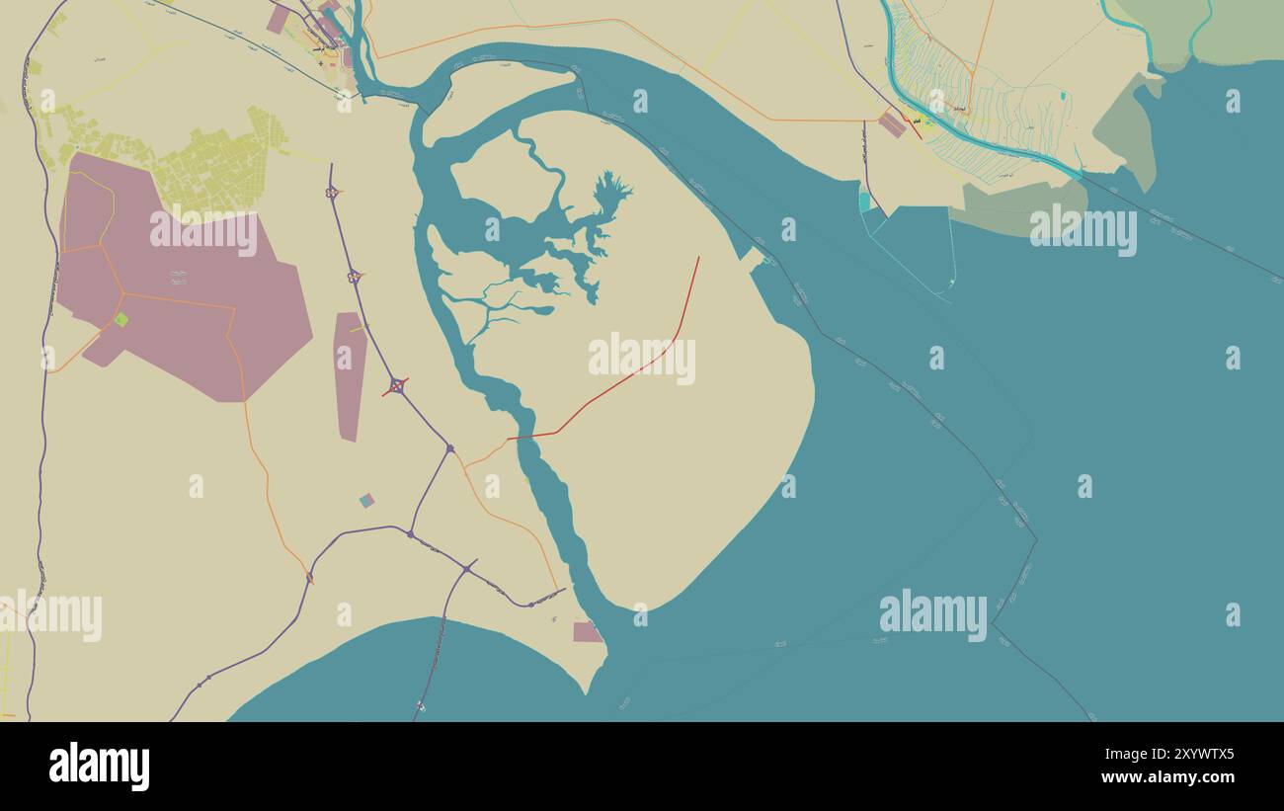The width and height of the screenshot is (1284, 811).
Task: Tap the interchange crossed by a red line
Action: point(396,386)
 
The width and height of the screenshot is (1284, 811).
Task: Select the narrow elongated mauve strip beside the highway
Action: point(350,375)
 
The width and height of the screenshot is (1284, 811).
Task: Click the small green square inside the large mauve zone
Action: point(120,319)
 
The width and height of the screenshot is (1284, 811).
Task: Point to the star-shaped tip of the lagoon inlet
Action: point(612,188)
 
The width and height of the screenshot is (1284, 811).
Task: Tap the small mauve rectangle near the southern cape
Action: point(587,632)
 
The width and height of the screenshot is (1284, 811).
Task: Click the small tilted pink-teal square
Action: point(366,501)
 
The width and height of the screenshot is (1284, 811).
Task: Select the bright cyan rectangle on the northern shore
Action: point(865,202)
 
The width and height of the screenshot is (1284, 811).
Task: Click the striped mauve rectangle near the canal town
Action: point(892,124)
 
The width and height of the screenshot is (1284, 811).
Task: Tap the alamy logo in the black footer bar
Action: point(99,767)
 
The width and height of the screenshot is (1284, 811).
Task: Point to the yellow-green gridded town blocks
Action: point(217,168)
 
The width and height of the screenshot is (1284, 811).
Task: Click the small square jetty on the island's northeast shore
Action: point(753,259)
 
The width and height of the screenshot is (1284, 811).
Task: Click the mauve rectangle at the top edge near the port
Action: point(278,19)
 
